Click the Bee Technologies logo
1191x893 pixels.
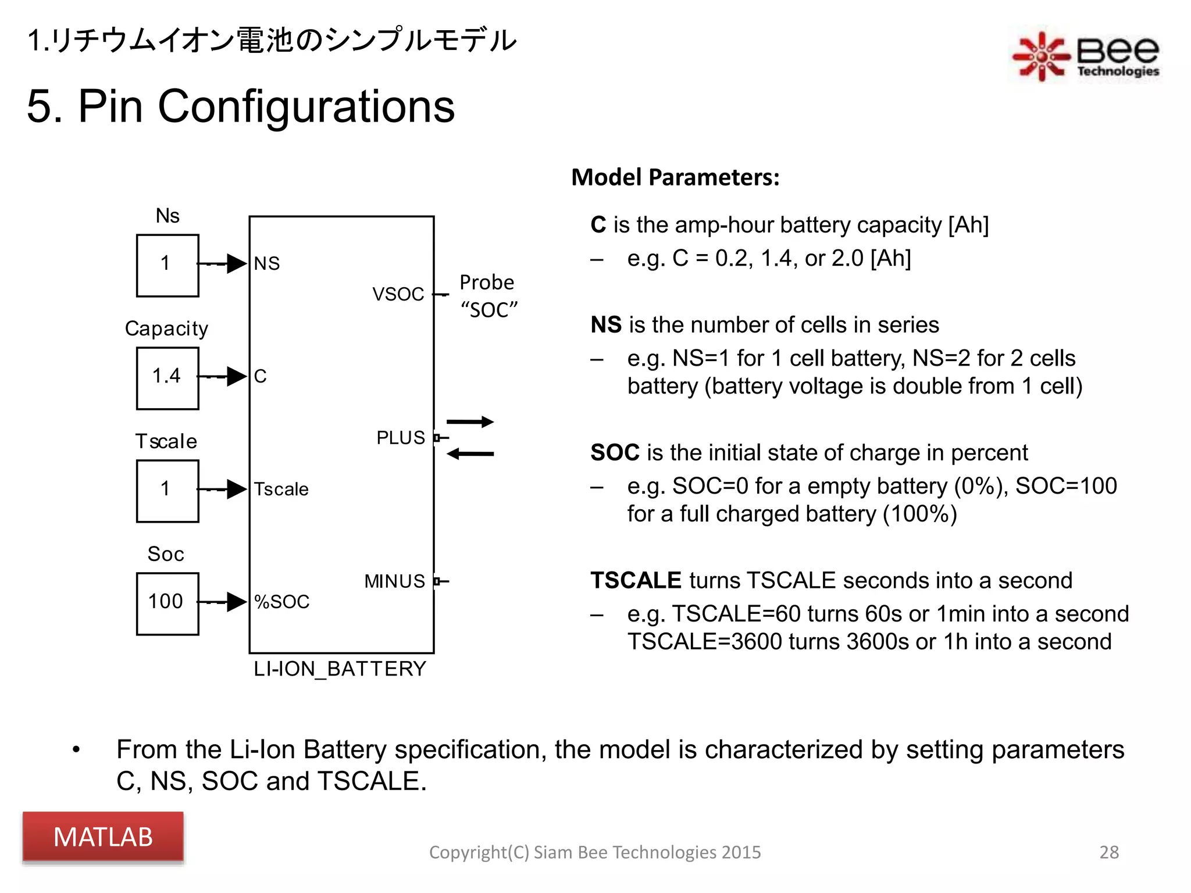(x=1085, y=55)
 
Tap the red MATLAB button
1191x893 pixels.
(x=103, y=837)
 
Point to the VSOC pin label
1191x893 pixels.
(x=398, y=294)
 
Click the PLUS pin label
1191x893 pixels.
(x=401, y=438)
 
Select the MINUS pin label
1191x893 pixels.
(x=395, y=581)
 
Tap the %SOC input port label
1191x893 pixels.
(x=282, y=602)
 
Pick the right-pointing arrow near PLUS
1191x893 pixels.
(x=470, y=422)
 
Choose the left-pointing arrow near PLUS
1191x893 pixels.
(x=470, y=453)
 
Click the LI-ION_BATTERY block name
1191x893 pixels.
(x=340, y=669)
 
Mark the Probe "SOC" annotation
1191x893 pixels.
(x=488, y=296)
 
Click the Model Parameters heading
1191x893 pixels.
(x=675, y=177)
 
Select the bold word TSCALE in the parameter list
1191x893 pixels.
(x=636, y=580)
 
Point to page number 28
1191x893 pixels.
(x=1108, y=852)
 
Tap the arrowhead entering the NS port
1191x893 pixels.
(x=237, y=263)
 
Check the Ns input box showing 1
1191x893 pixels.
(x=167, y=265)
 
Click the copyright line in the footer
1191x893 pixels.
(x=594, y=852)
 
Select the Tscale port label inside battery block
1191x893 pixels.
(x=281, y=489)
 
